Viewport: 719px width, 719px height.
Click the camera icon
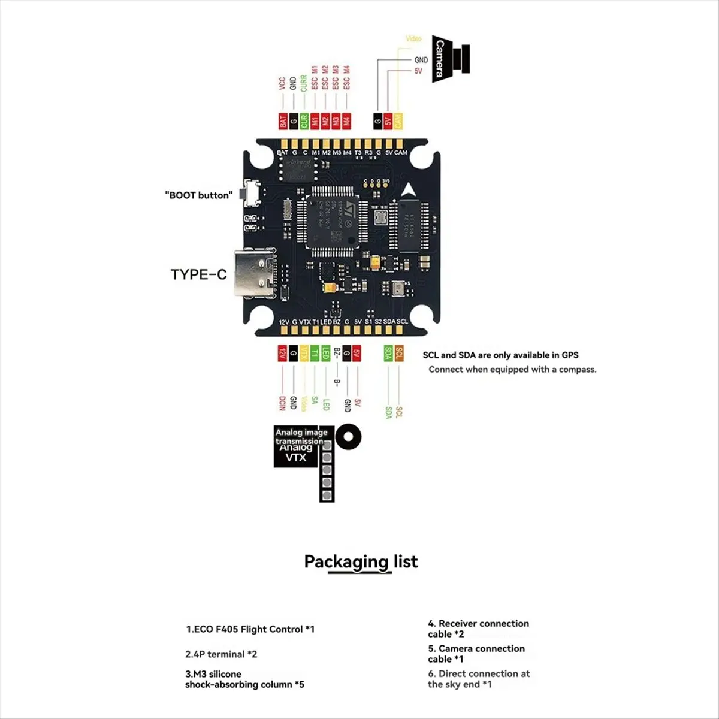[x=451, y=59]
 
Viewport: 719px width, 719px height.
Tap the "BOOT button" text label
[x=198, y=195]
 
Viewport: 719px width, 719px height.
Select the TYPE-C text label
[x=198, y=274]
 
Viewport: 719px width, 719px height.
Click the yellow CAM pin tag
[x=398, y=122]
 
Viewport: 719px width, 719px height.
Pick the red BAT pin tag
[x=283, y=120]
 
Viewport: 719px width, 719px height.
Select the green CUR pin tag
[x=304, y=120]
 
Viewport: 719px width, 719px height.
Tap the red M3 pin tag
[x=336, y=120]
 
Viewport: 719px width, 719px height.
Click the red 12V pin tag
[x=282, y=354]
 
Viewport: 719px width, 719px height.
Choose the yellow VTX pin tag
[x=304, y=354]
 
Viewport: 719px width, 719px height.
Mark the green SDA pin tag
[x=388, y=354]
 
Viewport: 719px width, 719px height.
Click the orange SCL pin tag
[x=399, y=354]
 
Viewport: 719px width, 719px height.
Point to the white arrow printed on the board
[x=409, y=191]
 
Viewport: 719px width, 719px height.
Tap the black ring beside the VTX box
[x=348, y=437]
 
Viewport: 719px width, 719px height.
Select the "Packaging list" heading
[x=361, y=562]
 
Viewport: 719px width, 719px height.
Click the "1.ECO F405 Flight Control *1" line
[x=250, y=629]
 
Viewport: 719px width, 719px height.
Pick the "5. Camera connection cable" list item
[x=476, y=654]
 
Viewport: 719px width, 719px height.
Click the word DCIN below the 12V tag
[x=282, y=403]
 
